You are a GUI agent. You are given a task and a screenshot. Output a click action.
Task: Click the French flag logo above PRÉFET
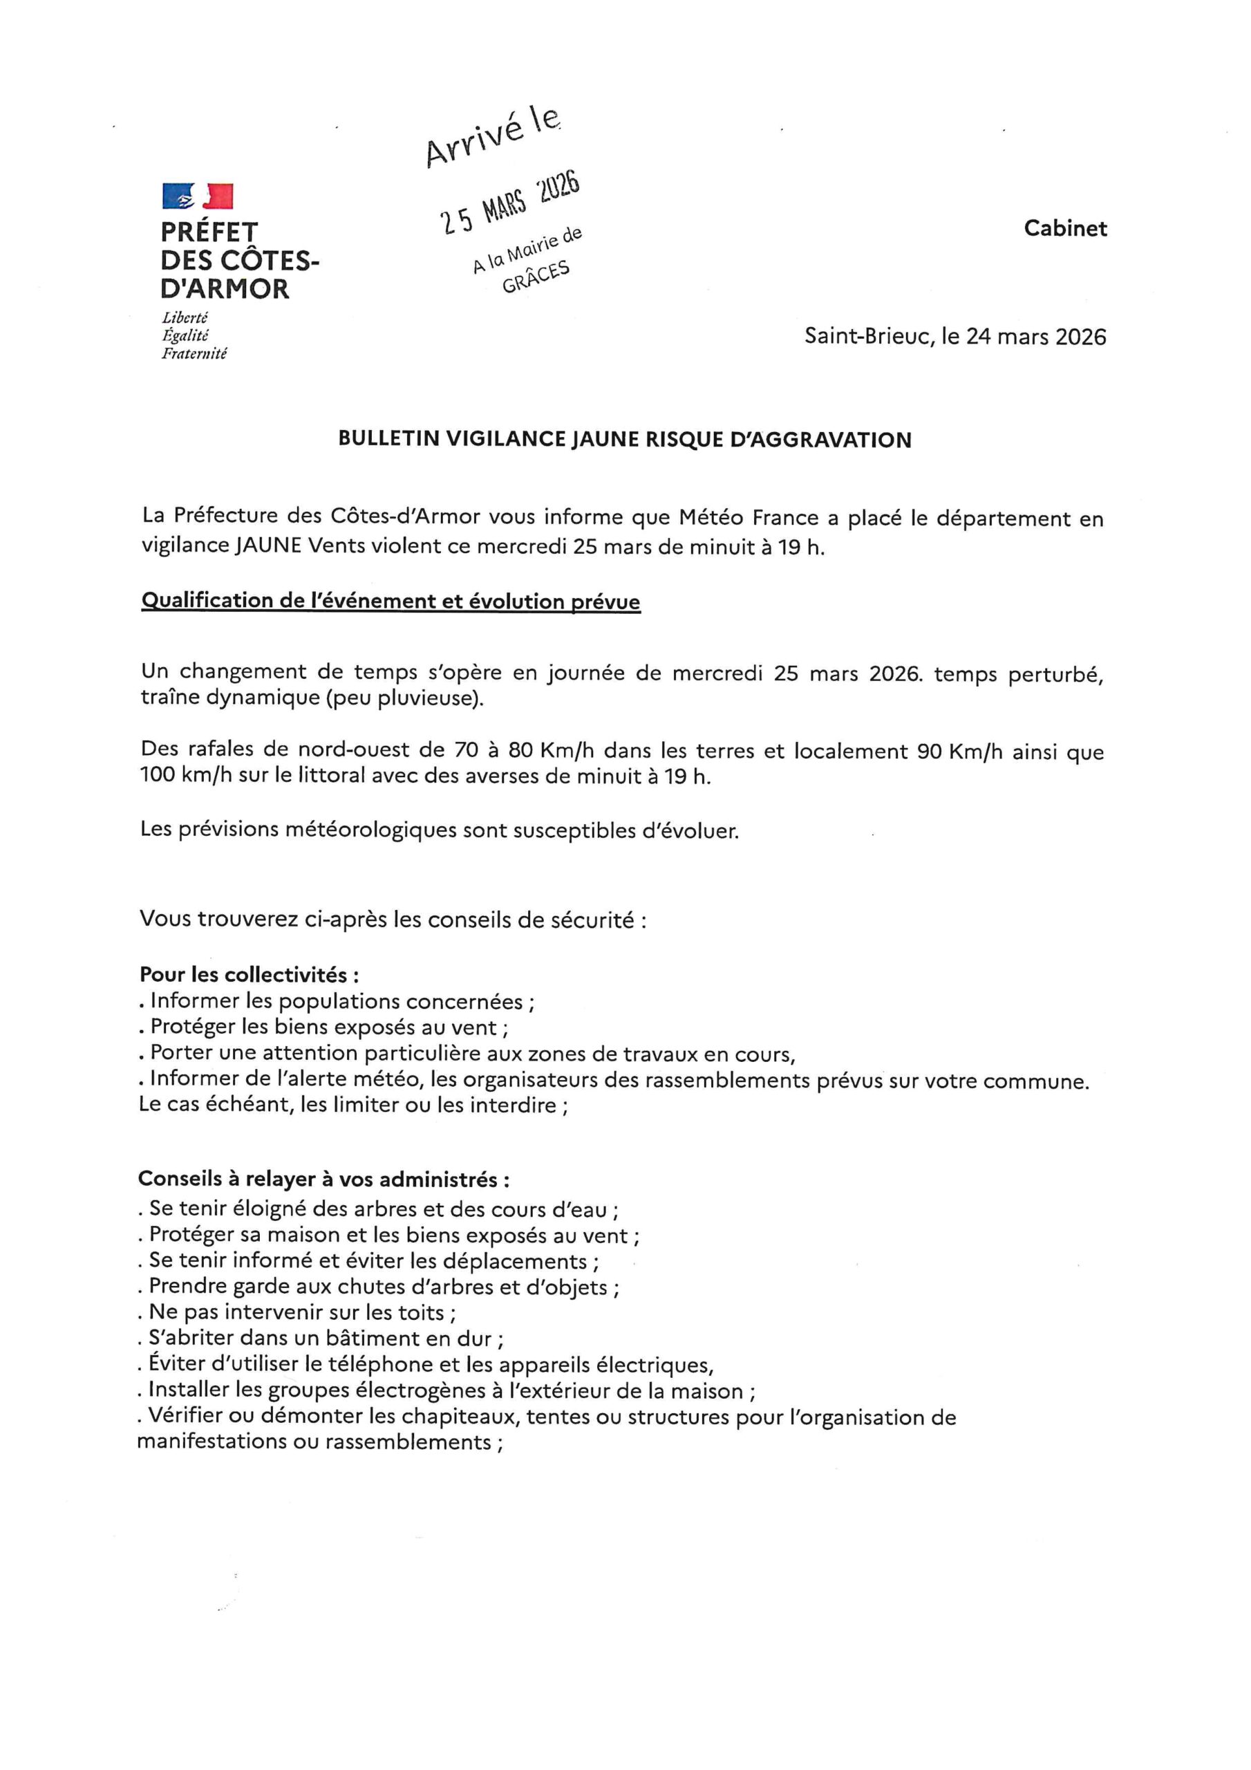click(197, 196)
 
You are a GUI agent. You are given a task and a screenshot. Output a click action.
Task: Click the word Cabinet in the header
click(1065, 228)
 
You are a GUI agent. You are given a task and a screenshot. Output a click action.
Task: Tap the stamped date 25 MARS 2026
click(509, 202)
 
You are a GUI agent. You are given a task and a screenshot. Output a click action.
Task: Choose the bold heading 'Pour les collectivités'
click(248, 974)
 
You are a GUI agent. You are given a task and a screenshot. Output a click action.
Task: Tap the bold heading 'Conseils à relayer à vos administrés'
click(323, 1179)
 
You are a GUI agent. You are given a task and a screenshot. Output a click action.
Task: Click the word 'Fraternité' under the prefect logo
click(194, 354)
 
